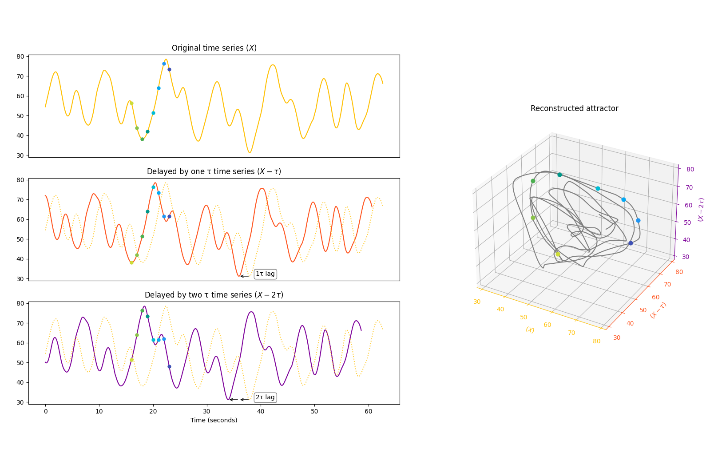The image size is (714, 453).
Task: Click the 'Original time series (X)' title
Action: (214, 48)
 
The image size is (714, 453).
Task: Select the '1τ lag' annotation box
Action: (265, 274)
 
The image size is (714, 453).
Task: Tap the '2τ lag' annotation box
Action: (265, 397)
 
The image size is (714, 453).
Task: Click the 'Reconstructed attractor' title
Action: (574, 108)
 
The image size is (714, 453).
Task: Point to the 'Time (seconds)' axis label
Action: (214, 420)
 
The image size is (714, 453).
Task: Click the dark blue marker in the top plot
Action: (169, 69)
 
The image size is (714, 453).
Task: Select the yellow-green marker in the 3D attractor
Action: (558, 254)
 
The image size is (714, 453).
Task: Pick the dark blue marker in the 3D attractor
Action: (631, 243)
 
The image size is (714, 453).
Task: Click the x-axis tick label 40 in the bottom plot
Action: (261, 412)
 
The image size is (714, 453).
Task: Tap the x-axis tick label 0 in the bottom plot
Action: (45, 412)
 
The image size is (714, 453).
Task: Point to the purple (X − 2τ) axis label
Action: (701, 210)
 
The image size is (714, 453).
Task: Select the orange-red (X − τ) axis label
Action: (658, 310)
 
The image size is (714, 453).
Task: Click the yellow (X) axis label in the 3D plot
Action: (530, 330)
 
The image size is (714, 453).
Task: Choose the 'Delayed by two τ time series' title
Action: (214, 295)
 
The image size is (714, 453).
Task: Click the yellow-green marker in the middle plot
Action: (131, 262)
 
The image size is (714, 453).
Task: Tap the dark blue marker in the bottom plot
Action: (169, 366)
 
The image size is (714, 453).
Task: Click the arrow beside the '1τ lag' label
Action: (245, 276)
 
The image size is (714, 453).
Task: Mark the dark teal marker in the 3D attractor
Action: (559, 175)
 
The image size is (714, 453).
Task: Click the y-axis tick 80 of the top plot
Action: (20, 56)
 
